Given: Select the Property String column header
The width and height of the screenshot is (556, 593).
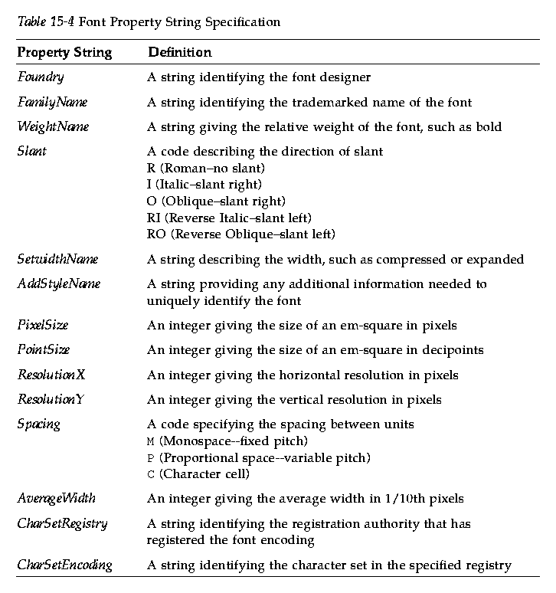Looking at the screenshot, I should pos(64,53).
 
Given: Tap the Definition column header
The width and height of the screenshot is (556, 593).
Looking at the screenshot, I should pos(179,53).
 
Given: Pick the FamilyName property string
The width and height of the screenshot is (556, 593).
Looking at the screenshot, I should pos(52,102).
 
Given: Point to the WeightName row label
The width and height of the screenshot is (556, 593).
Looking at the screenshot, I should pos(53,126).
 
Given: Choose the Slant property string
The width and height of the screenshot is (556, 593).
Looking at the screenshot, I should pos(31,151).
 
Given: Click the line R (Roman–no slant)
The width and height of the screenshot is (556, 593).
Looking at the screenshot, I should pos(205,168).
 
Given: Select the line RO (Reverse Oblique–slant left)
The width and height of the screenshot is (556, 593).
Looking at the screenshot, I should pos(241,234).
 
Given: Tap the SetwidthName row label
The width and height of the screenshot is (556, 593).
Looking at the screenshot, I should pos(57,259).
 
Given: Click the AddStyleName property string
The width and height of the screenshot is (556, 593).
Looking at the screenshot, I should pos(59,284).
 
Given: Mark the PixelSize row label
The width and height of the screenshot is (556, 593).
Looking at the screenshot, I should pos(42,326).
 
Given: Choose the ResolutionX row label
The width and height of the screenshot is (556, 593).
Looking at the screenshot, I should pos(51,375).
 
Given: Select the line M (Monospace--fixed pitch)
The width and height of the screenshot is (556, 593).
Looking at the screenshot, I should pos(227,441).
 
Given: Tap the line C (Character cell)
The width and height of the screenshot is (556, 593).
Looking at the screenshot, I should pos(198,474).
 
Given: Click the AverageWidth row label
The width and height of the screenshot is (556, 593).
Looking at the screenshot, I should pos(56,499).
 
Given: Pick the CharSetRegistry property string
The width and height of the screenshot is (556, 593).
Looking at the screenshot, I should pos(62,524).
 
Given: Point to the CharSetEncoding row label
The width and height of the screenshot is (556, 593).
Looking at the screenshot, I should pos(64,565).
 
